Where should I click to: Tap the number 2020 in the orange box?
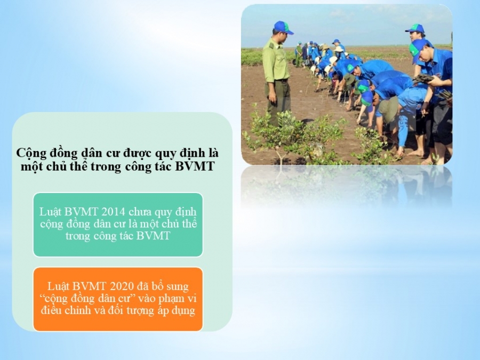tap(121, 286)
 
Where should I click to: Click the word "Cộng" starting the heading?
tap(29, 153)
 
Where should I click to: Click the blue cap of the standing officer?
tap(282, 27)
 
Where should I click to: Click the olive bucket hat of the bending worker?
tap(389, 109)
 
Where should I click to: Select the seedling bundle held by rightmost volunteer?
tap(423, 79)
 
